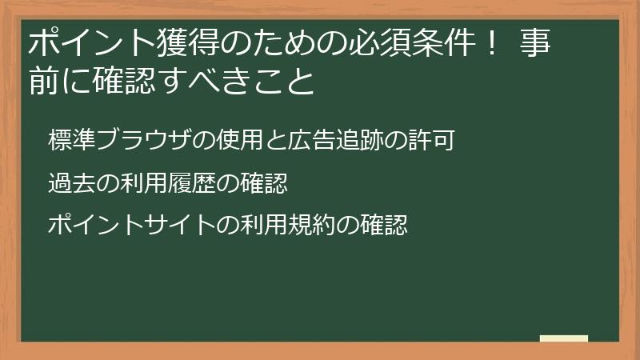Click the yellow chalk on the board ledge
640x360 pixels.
(x=563, y=338)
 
